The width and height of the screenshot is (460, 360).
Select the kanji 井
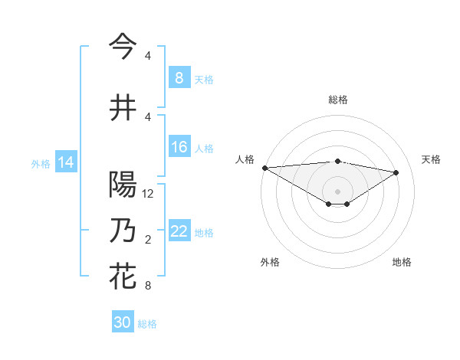point(123,108)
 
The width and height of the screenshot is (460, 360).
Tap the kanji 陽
point(123,185)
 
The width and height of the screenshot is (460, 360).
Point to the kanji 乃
point(123,231)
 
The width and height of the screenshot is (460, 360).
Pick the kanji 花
point(123,277)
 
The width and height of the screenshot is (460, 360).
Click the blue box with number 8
point(179,78)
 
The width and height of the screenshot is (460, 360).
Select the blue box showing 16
point(179,148)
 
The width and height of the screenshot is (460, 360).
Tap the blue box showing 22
point(179,232)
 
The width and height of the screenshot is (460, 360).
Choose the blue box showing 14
point(66,162)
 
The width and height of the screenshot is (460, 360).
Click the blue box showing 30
point(123,322)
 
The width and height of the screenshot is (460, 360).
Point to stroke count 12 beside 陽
point(149,194)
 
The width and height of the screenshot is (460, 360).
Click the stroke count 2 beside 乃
point(148,240)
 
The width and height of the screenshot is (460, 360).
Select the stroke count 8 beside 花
point(148,286)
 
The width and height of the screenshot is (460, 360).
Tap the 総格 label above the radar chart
point(338,100)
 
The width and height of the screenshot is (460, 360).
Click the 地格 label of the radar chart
point(402,262)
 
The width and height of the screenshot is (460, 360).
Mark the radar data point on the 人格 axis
point(264,168)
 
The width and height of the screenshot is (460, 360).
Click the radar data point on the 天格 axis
point(396,172)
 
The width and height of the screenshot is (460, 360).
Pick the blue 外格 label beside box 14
point(41,163)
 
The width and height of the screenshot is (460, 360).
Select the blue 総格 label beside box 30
point(147,324)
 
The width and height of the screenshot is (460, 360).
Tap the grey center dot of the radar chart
point(337,191)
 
